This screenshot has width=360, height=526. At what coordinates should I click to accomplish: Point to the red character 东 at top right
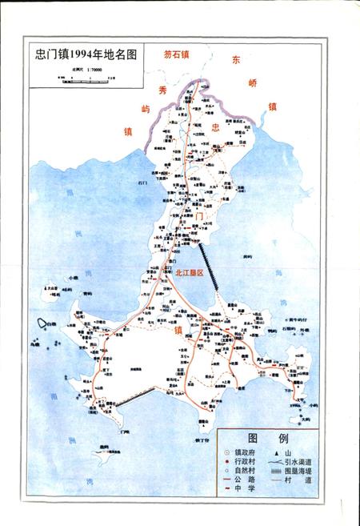[x=235, y=60]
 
